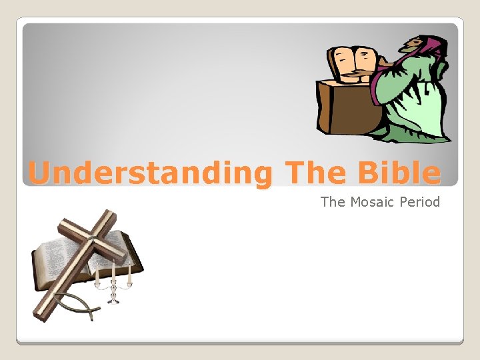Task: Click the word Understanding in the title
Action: pyautogui.click(x=151, y=174)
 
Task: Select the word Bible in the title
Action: pyautogui.click(x=399, y=174)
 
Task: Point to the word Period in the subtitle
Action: pyautogui.click(x=421, y=201)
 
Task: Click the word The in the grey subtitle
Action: pyautogui.click(x=332, y=201)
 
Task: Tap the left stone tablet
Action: pyautogui.click(x=341, y=63)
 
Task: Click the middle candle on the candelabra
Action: pyautogui.click(x=113, y=270)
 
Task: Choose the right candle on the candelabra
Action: pyautogui.click(x=129, y=272)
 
